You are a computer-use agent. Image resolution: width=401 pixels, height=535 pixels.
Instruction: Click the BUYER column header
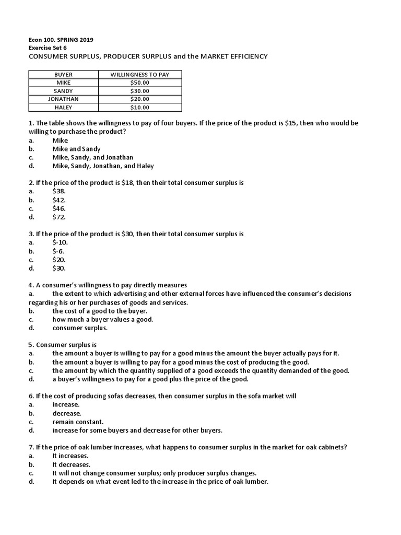[64, 75]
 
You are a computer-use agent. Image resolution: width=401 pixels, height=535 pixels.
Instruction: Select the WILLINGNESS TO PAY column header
[139, 75]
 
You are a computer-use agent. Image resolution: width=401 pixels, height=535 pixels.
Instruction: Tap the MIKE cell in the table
[64, 83]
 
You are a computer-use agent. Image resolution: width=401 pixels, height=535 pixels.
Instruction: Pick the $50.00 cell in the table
[139, 83]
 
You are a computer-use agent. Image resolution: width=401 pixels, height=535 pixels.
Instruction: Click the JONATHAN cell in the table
[64, 99]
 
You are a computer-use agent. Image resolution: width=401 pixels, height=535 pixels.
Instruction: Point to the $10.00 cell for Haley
[139, 108]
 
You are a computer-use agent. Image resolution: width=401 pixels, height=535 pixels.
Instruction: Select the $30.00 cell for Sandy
[139, 91]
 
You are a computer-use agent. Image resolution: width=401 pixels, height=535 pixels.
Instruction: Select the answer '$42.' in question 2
[59, 200]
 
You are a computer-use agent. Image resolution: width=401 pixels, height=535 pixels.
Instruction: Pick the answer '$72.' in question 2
[59, 217]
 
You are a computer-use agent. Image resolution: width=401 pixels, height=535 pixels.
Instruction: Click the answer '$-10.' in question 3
[60, 242]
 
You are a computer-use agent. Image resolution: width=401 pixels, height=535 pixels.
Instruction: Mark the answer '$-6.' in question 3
[58, 251]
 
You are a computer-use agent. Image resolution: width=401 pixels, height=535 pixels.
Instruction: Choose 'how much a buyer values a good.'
[102, 319]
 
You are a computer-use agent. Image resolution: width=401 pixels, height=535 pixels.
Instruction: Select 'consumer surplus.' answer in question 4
[80, 328]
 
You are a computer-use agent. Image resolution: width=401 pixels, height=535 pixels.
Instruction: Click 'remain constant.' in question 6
[78, 422]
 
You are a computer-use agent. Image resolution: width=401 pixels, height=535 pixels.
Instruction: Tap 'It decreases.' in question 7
[71, 464]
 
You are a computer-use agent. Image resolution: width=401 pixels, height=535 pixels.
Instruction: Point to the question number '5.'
[31, 345]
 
